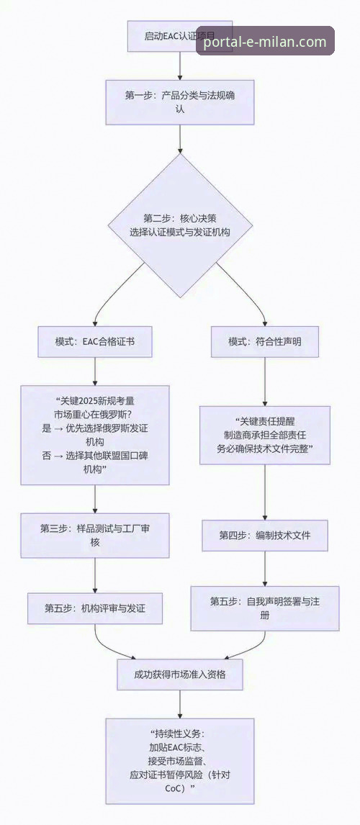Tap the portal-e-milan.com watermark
(x=265, y=42)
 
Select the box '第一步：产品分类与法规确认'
(x=179, y=102)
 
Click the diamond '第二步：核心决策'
(x=179, y=225)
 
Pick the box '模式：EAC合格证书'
(x=95, y=342)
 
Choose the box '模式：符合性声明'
(x=265, y=342)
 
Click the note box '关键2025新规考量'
(x=95, y=434)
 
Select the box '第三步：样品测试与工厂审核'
(x=95, y=535)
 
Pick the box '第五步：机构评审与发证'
(x=95, y=608)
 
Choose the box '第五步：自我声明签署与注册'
(x=265, y=608)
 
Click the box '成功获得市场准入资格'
(x=179, y=675)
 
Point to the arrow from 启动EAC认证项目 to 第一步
(x=179, y=66)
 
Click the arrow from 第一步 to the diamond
(x=179, y=138)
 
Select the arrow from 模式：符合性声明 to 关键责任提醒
(x=265, y=382)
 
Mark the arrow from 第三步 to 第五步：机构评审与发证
(x=95, y=575)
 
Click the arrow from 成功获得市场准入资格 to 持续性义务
(x=179, y=704)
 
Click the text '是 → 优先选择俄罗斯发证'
(x=95, y=428)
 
